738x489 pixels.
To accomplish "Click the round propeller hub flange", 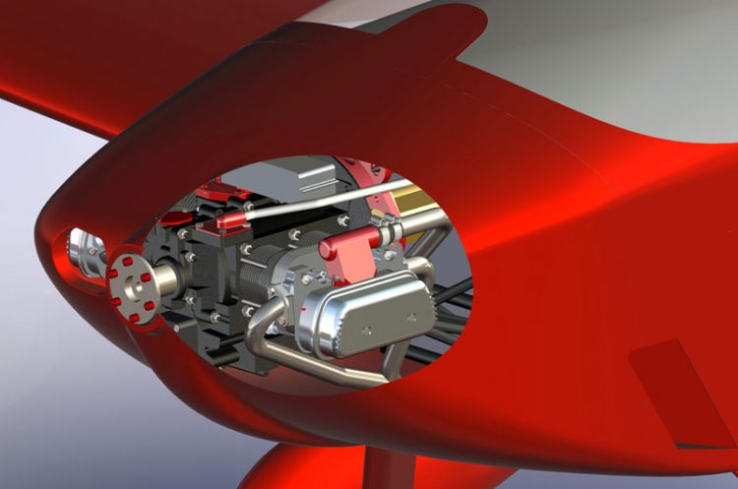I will [x=135, y=284].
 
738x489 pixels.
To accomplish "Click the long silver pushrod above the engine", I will [x=325, y=197].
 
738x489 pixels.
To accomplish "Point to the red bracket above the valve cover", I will [x=346, y=247].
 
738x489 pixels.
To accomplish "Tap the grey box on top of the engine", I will [x=300, y=177].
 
